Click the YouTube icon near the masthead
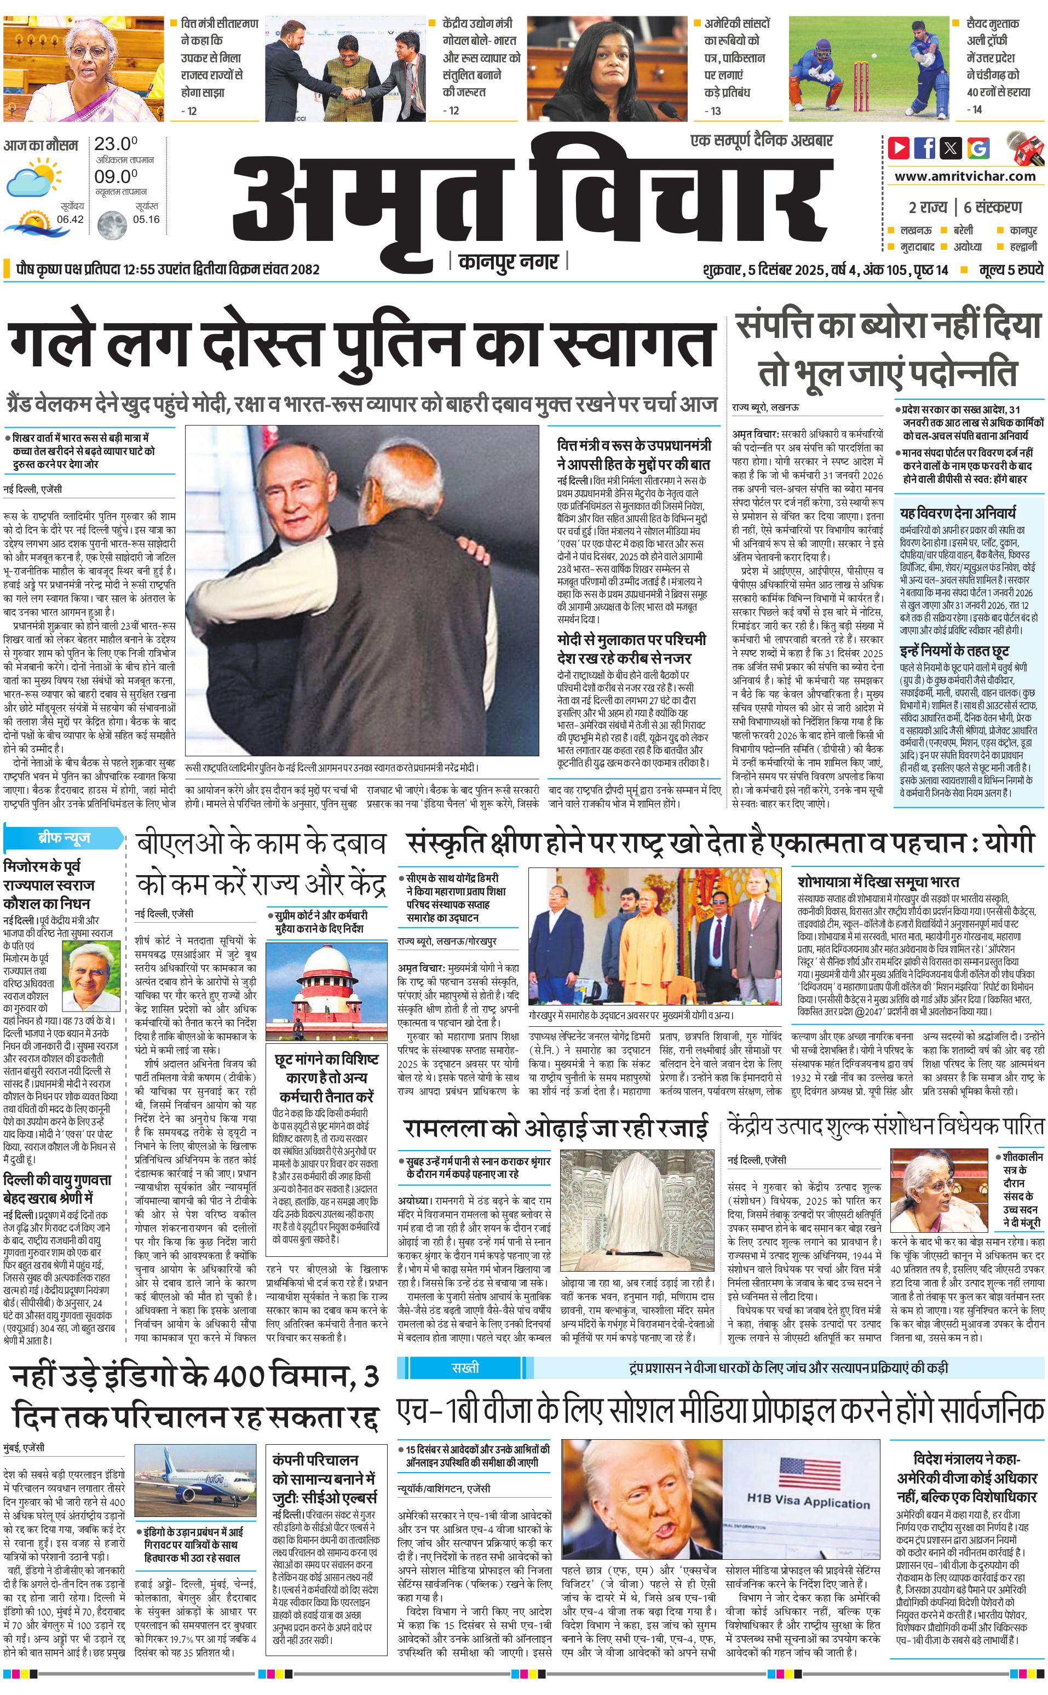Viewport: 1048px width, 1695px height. coord(899,148)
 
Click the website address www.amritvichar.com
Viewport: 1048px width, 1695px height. coord(965,176)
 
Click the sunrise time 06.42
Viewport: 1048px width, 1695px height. coord(70,219)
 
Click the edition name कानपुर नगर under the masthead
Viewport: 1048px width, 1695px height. coord(508,262)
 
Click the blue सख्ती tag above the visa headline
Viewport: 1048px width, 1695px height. coord(465,1368)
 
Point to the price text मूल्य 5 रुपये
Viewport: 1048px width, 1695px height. coord(1011,269)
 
